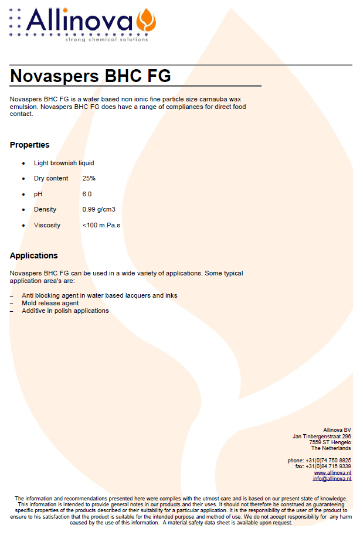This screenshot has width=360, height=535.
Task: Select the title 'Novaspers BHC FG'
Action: tap(91, 76)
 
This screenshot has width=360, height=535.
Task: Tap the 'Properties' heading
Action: tap(30, 145)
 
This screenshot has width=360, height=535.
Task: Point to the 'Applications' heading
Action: tap(34, 255)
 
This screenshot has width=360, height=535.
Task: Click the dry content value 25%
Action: tap(89, 178)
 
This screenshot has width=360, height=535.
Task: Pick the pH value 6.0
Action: tap(87, 194)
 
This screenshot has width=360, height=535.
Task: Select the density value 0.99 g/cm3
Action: tap(99, 209)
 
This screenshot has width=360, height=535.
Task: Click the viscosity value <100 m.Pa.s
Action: tap(101, 225)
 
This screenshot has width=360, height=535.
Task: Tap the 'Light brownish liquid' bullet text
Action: tap(64, 163)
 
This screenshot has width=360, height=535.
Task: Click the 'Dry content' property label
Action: tap(51, 178)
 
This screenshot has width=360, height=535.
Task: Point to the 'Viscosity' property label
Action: tap(47, 225)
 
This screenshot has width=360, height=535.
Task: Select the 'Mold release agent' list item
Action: tap(50, 303)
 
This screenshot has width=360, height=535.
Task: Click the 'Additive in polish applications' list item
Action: tap(65, 311)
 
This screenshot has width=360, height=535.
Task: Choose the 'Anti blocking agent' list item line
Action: tap(100, 295)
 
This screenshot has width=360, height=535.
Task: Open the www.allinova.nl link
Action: tap(332, 472)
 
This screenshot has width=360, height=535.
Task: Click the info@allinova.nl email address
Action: tap(332, 479)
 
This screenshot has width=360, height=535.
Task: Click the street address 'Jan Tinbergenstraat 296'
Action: tap(322, 436)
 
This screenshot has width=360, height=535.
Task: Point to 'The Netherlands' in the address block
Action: tap(331, 448)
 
